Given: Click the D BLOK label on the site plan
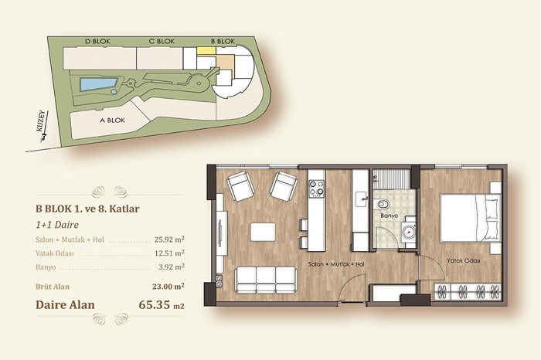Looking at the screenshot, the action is coord(97,42).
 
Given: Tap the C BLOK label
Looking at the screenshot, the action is coord(162,42).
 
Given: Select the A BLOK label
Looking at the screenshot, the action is coord(113,121).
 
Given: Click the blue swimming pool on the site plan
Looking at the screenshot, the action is coord(98,83).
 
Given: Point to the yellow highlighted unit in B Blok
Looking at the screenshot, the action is coord(206,51).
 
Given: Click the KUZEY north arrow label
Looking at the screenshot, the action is coord(41,121).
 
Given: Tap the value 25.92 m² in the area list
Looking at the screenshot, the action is coord(169,239).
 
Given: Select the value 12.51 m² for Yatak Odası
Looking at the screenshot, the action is coord(169,253).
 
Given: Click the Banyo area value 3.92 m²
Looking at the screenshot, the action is coord(172,267).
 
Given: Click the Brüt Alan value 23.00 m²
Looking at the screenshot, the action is coord(168,286).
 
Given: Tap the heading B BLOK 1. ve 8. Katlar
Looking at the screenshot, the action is coord(87,209).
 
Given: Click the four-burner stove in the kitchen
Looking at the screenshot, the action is coord(317,188).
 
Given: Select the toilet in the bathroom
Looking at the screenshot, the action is coord(383,204).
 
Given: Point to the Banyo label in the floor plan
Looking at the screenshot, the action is coord(390,216).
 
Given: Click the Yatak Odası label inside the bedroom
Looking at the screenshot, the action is coord(464,260).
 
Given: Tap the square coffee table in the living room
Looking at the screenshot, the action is coord(263,232).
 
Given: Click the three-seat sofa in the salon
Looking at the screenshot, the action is coord(266,280).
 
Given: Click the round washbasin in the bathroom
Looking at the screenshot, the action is coord(409,231).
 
